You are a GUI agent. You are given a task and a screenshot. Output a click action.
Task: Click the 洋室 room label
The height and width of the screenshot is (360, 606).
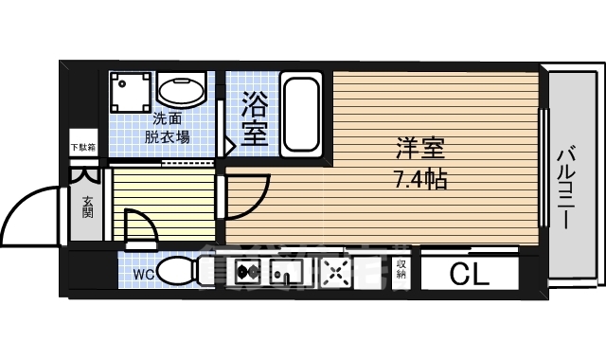pos(421,150)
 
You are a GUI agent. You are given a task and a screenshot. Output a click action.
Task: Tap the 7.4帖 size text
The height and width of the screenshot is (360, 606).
pos(421,177)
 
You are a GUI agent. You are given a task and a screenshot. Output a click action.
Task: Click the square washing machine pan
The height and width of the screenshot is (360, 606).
pos(129,93)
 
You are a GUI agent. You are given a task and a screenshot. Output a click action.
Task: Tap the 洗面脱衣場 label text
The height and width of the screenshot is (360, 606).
pos(168,128)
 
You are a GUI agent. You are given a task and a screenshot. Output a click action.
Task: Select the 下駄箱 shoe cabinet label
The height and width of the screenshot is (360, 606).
pos(82,147)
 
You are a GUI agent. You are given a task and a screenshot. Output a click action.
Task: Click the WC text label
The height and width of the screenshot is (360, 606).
pos(143,275)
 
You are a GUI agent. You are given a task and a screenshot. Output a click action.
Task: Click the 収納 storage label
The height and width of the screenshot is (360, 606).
pos(401,272)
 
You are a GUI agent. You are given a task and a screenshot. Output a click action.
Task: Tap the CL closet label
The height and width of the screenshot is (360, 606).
pos(469,275)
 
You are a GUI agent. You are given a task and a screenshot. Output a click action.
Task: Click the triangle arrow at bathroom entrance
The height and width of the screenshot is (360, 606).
pos(228,146)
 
